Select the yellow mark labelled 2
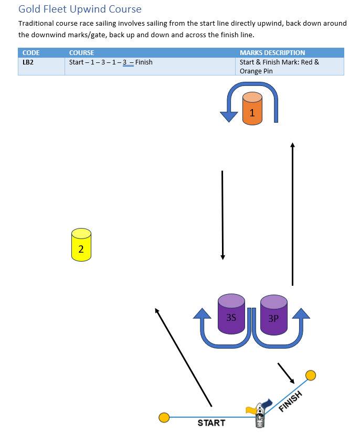point(81,245)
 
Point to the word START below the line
point(211,423)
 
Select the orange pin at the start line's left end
point(164,417)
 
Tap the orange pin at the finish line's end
point(311,375)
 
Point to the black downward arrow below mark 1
point(223,215)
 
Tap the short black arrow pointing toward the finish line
point(286,372)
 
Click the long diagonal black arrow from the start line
point(184,357)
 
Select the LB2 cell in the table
point(28,62)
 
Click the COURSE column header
point(82,52)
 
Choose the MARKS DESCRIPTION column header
point(272,52)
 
